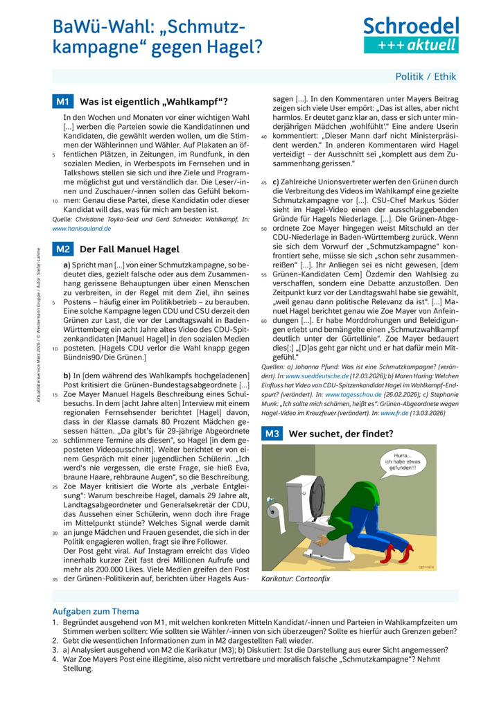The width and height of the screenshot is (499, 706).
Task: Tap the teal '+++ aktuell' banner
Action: click(411, 45)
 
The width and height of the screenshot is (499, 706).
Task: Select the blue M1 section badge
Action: click(63, 102)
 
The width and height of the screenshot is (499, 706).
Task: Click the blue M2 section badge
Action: click(63, 249)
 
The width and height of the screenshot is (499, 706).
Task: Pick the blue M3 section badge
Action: click(271, 434)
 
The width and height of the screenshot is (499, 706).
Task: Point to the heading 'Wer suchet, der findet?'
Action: click(341, 434)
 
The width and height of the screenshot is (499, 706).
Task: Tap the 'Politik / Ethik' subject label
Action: click(426, 77)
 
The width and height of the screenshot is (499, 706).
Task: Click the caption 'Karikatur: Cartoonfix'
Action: click(296, 578)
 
